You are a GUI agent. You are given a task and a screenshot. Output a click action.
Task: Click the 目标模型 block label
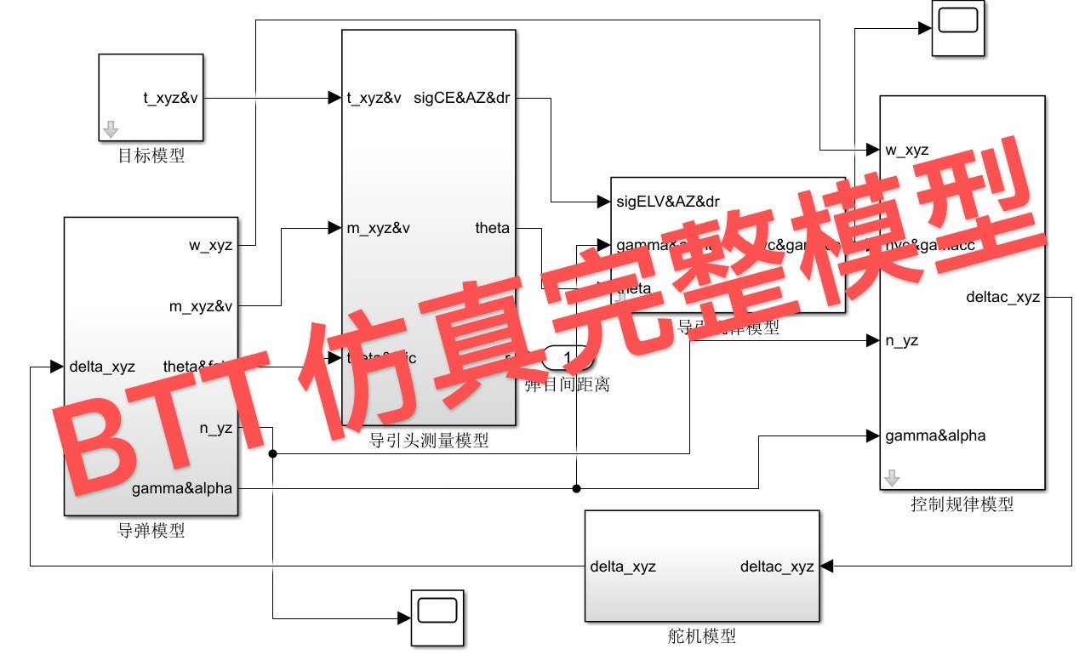[151, 156]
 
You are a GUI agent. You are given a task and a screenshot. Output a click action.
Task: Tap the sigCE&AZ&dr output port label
[461, 98]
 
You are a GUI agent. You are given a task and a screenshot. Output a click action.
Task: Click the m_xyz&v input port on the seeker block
[379, 228]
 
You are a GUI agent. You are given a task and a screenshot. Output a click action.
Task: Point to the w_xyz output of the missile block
[210, 245]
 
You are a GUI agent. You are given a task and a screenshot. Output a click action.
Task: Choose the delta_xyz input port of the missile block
[100, 367]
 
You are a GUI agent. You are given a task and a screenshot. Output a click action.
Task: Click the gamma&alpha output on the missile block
[182, 489]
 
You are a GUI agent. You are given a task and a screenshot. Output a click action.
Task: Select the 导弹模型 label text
[151, 531]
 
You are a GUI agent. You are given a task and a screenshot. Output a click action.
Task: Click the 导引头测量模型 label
[428, 441]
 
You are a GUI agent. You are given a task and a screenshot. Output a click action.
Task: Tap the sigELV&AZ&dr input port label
[668, 202]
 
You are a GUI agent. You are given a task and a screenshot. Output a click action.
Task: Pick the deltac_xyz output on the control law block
[1003, 298]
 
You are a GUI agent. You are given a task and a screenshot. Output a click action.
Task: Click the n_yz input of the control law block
[901, 341]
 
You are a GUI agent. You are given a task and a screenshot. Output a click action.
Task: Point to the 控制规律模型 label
[962, 504]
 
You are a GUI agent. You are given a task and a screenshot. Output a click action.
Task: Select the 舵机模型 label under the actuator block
[701, 635]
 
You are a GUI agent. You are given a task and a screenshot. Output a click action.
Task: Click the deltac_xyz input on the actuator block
[777, 566]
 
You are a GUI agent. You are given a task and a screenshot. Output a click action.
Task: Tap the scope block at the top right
[958, 28]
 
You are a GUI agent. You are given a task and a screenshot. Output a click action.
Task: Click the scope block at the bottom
[437, 616]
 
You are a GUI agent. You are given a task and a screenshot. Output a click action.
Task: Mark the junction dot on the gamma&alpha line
[576, 488]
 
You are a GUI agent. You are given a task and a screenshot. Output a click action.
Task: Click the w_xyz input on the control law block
[906, 151]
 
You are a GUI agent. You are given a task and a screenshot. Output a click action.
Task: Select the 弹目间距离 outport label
[567, 384]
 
